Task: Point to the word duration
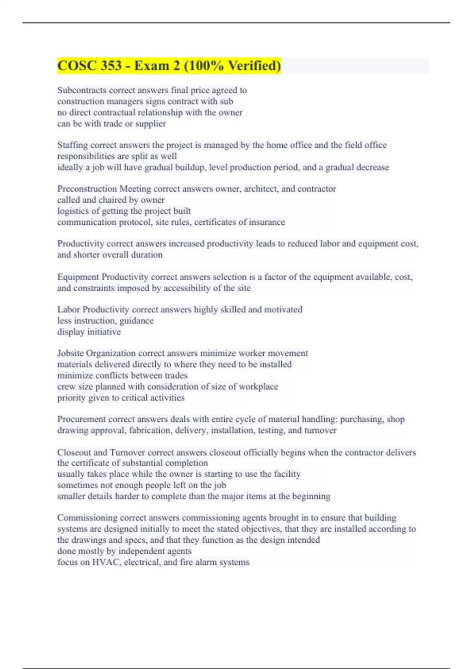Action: (147, 255)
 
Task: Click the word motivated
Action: (283, 309)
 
